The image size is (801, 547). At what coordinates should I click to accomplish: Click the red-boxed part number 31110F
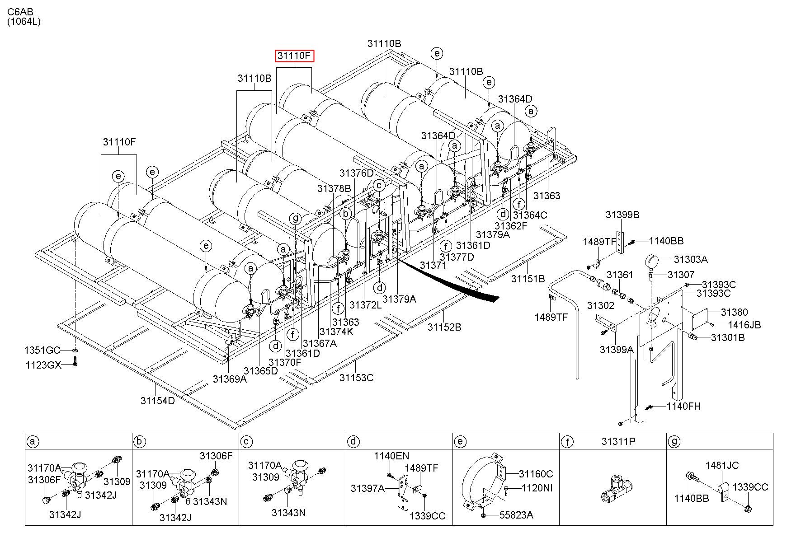point(295,56)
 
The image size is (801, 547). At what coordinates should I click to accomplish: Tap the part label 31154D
point(157,401)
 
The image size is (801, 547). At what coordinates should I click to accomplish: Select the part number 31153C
point(357,378)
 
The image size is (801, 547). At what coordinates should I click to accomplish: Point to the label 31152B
point(444,327)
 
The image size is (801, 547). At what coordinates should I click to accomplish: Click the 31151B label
point(528,279)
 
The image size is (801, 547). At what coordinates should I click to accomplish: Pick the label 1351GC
point(42,351)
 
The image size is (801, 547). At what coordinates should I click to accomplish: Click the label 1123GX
point(42,365)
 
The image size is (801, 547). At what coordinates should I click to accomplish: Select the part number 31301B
point(728,337)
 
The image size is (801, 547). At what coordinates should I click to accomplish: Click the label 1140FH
point(683,406)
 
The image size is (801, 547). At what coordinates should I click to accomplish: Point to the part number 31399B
point(622,215)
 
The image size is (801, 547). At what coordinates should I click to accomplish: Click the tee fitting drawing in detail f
point(617,488)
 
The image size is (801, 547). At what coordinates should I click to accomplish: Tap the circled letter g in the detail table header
point(674,441)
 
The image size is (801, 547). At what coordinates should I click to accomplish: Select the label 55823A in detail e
point(516,515)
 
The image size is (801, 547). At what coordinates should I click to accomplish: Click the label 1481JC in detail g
point(723,465)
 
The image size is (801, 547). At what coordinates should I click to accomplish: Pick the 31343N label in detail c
point(288,513)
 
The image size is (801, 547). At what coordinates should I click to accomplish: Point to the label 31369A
point(230,379)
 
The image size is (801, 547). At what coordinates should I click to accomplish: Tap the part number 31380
point(734,312)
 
